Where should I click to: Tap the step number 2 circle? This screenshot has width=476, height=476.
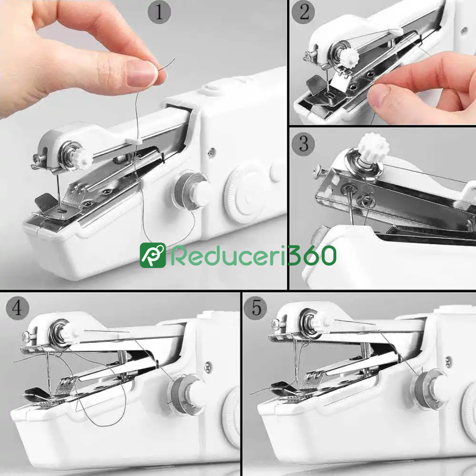pyautogui.click(x=303, y=12)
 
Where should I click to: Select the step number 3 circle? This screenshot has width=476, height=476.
pyautogui.click(x=303, y=144)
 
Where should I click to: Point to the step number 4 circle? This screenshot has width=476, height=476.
pyautogui.click(x=18, y=308)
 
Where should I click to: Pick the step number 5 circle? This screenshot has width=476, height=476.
pyautogui.click(x=256, y=308)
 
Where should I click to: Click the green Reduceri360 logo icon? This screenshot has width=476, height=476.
pyautogui.click(x=152, y=255)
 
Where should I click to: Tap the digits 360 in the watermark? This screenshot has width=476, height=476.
pyautogui.click(x=312, y=255)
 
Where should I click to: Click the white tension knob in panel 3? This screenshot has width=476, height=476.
pyautogui.click(x=373, y=147)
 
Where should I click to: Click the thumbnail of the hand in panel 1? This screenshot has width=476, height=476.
pyautogui.click(x=141, y=73)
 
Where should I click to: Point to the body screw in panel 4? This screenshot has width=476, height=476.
pyautogui.click(x=208, y=367)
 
